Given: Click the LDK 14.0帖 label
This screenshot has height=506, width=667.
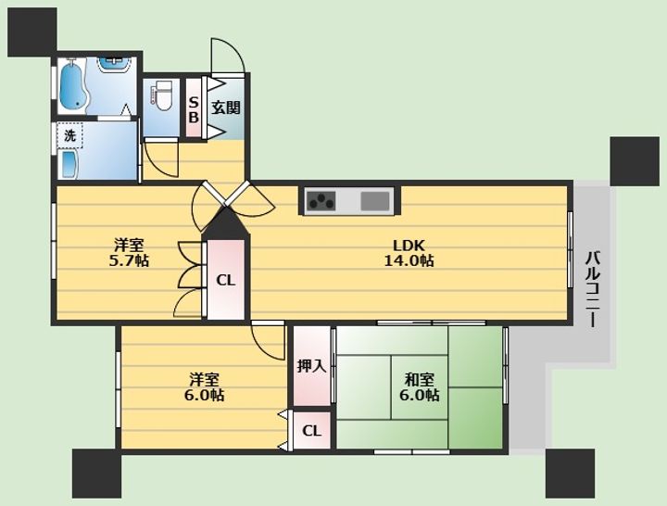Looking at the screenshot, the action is [x=409, y=253].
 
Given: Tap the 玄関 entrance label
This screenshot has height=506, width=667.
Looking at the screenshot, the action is [x=226, y=108].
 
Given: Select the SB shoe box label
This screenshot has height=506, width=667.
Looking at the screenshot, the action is [x=194, y=109].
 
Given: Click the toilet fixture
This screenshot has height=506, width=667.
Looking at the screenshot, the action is [x=161, y=94].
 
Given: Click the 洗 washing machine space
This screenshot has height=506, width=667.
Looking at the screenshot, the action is [x=70, y=135].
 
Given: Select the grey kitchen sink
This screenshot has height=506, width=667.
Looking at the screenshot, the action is [x=375, y=201].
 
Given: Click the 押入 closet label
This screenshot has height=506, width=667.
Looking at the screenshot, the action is [x=311, y=365].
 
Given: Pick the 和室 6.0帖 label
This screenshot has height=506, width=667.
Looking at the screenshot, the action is [x=420, y=386].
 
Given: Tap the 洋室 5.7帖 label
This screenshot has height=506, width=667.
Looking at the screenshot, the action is [x=129, y=253].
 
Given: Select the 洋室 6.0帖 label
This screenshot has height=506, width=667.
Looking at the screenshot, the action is [x=204, y=386].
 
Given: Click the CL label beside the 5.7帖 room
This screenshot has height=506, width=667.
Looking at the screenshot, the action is [x=225, y=280].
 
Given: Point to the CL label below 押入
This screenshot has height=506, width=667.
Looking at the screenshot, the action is [x=311, y=431].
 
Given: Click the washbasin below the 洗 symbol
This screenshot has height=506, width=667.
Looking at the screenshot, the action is [x=69, y=164].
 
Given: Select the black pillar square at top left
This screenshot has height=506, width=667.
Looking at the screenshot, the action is [x=32, y=32].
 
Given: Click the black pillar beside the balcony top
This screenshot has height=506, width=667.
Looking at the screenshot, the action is [x=635, y=161].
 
